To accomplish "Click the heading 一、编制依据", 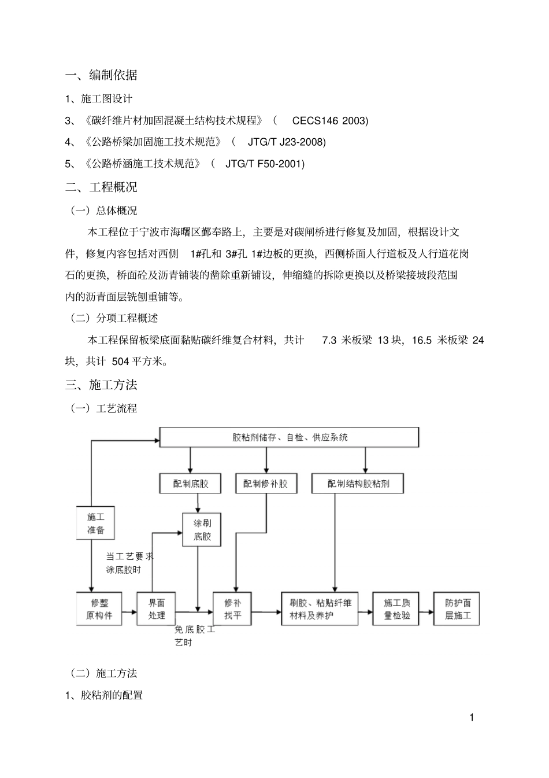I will point(101,75).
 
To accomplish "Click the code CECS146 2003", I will point(329,120).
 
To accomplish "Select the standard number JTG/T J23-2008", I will point(287,142).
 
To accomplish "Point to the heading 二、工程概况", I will point(101,187).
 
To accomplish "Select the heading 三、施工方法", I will point(101,385).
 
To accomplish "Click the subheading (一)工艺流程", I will point(104,408).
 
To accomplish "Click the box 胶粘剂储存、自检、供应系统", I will point(289,437).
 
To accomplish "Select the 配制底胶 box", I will point(191,483).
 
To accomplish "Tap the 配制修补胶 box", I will point(266,483).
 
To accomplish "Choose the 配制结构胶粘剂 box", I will point(358,483).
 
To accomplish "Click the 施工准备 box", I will point(96,523).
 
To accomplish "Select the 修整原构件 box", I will point(99,609).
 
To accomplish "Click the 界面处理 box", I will point(156,609).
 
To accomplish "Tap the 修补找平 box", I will point(233,609).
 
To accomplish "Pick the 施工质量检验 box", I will point(397,609).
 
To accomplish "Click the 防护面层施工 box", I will point(457,609).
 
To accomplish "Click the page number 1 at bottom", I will point(472,718).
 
